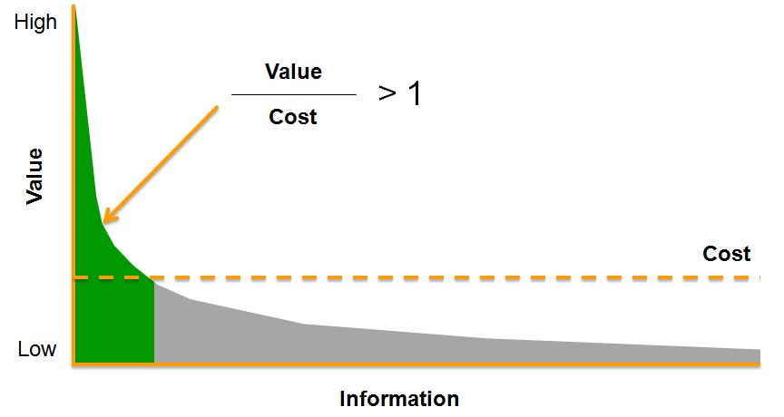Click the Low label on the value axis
pyautogui.click(x=37, y=349)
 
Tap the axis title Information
pyautogui.click(x=399, y=399)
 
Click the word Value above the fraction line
pyautogui.click(x=293, y=71)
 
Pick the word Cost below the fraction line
pyautogui.click(x=293, y=117)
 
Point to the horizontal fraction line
pyautogui.click(x=293, y=94)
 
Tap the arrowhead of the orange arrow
pyautogui.click(x=105, y=220)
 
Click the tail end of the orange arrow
pyautogui.click(x=218, y=107)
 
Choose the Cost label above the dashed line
pyautogui.click(x=727, y=254)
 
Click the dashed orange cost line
pyautogui.click(x=454, y=276)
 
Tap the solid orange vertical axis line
pyautogui.click(x=73, y=181)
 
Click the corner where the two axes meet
pyautogui.click(x=73, y=364)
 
